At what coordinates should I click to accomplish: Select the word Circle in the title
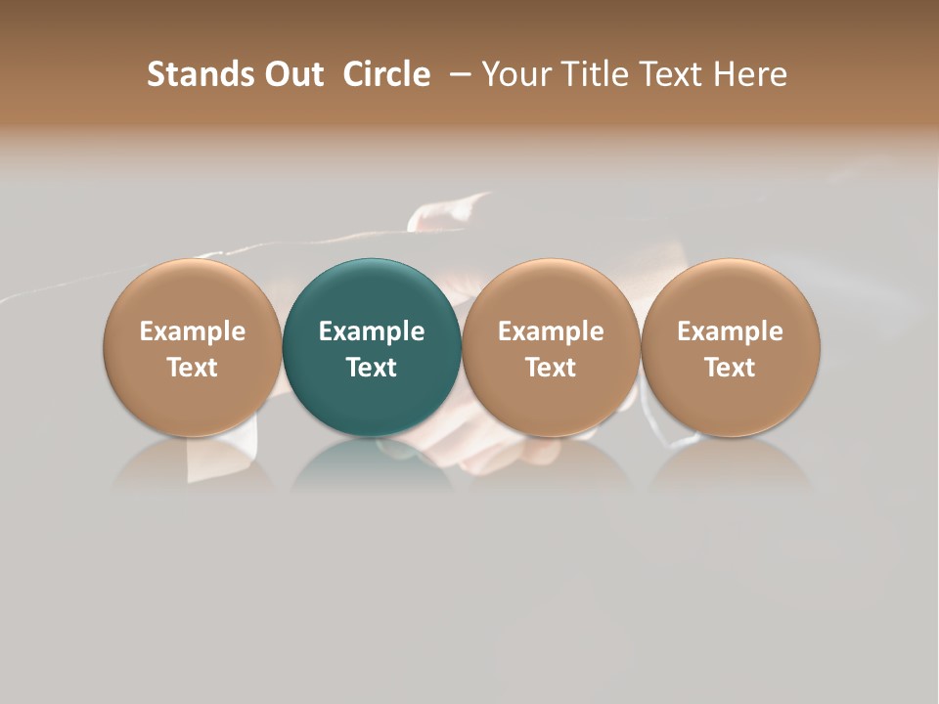(386, 74)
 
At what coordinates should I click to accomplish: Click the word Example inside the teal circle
(372, 331)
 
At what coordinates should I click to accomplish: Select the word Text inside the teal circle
(372, 368)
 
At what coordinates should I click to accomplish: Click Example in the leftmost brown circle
(193, 331)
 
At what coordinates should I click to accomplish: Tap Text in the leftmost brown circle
(193, 368)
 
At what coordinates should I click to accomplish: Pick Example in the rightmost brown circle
(731, 331)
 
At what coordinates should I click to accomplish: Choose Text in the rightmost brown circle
(731, 368)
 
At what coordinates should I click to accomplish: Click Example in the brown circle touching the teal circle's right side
(551, 331)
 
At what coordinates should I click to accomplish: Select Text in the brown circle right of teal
(551, 368)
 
